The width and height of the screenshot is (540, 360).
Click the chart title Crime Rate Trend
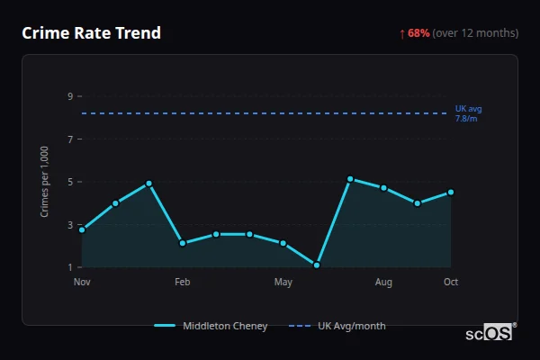coord(92,33)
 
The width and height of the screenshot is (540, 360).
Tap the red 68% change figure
coord(418,33)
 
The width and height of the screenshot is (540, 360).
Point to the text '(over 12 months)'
coord(475,33)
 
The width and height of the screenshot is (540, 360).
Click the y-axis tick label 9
coord(69,96)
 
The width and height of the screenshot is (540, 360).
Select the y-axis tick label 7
coord(69,139)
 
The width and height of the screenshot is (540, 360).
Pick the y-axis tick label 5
coord(69,182)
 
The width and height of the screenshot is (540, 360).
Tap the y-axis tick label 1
coord(69,267)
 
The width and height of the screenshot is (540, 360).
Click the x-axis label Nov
coord(82,283)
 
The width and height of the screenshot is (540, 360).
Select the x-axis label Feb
coord(183,283)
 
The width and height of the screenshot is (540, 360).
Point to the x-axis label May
coord(283,283)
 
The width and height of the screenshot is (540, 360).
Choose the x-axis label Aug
coord(383,283)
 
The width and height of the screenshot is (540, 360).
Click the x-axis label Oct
coord(451,283)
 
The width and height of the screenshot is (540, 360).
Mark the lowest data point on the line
coord(317,265)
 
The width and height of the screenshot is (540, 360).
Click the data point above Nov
coord(82,229)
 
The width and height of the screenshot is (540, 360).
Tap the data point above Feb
coord(183,243)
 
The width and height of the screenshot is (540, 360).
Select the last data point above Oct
coord(451,192)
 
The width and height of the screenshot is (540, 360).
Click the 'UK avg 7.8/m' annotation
coord(468,113)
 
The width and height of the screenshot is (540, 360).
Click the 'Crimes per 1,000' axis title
coord(45,182)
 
